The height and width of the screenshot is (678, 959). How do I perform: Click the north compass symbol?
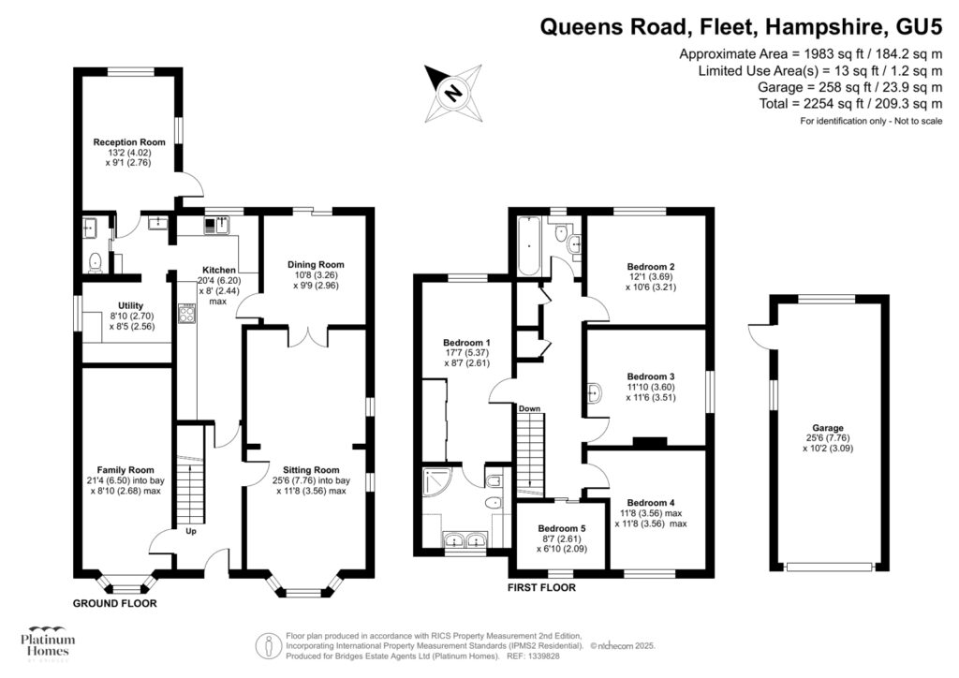(452, 93)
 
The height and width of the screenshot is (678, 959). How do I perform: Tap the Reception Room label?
(129, 142)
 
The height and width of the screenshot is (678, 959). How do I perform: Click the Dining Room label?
(316, 265)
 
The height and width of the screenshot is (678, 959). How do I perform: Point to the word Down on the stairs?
(529, 408)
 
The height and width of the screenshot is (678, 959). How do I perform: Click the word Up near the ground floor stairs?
(190, 531)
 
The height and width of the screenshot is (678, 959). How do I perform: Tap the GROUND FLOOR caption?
(114, 604)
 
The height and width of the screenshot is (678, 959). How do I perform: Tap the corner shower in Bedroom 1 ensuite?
(439, 483)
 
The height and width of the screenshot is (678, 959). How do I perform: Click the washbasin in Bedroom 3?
(594, 392)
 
